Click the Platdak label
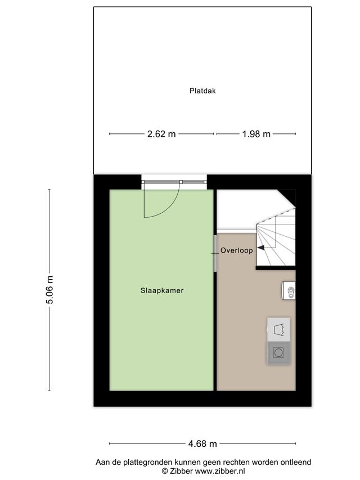coord(202,91)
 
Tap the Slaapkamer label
coord(162,290)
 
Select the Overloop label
coord(237,250)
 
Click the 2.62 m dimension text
coord(161,134)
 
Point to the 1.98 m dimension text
coord(256,134)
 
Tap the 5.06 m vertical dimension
coord(49,290)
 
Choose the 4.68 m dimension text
coord(202,443)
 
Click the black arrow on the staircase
coord(261,248)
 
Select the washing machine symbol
coord(278,329)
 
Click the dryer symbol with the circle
coord(278,353)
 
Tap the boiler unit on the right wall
coord(289,290)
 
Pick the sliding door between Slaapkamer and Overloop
coord(215,253)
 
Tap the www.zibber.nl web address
coord(220,471)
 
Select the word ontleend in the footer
coord(296,462)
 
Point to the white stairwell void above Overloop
coord(242,210)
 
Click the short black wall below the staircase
coord(276,268)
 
